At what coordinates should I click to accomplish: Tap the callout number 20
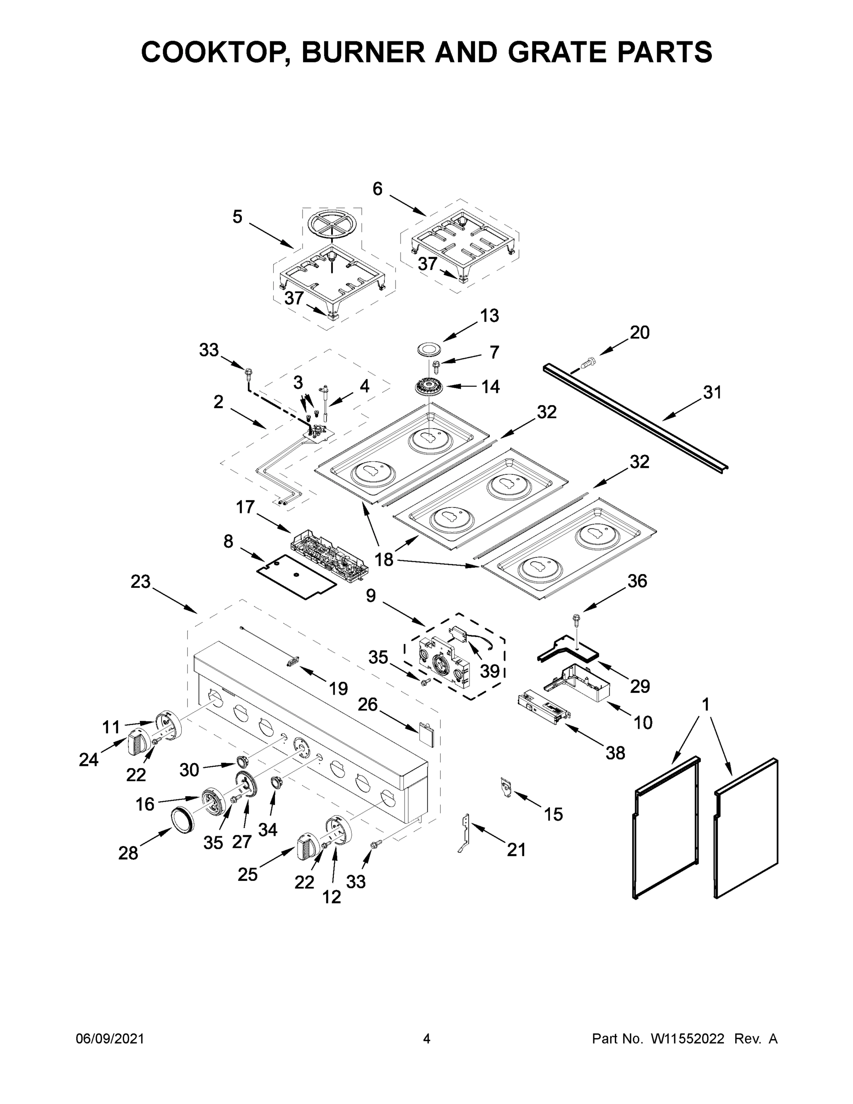point(639,333)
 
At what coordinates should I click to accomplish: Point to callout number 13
point(489,316)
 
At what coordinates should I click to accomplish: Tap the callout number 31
point(712,392)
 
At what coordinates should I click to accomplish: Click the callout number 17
point(246,506)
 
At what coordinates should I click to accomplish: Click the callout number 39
point(489,671)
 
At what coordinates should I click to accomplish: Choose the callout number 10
point(643,722)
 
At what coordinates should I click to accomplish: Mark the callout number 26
point(367,704)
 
